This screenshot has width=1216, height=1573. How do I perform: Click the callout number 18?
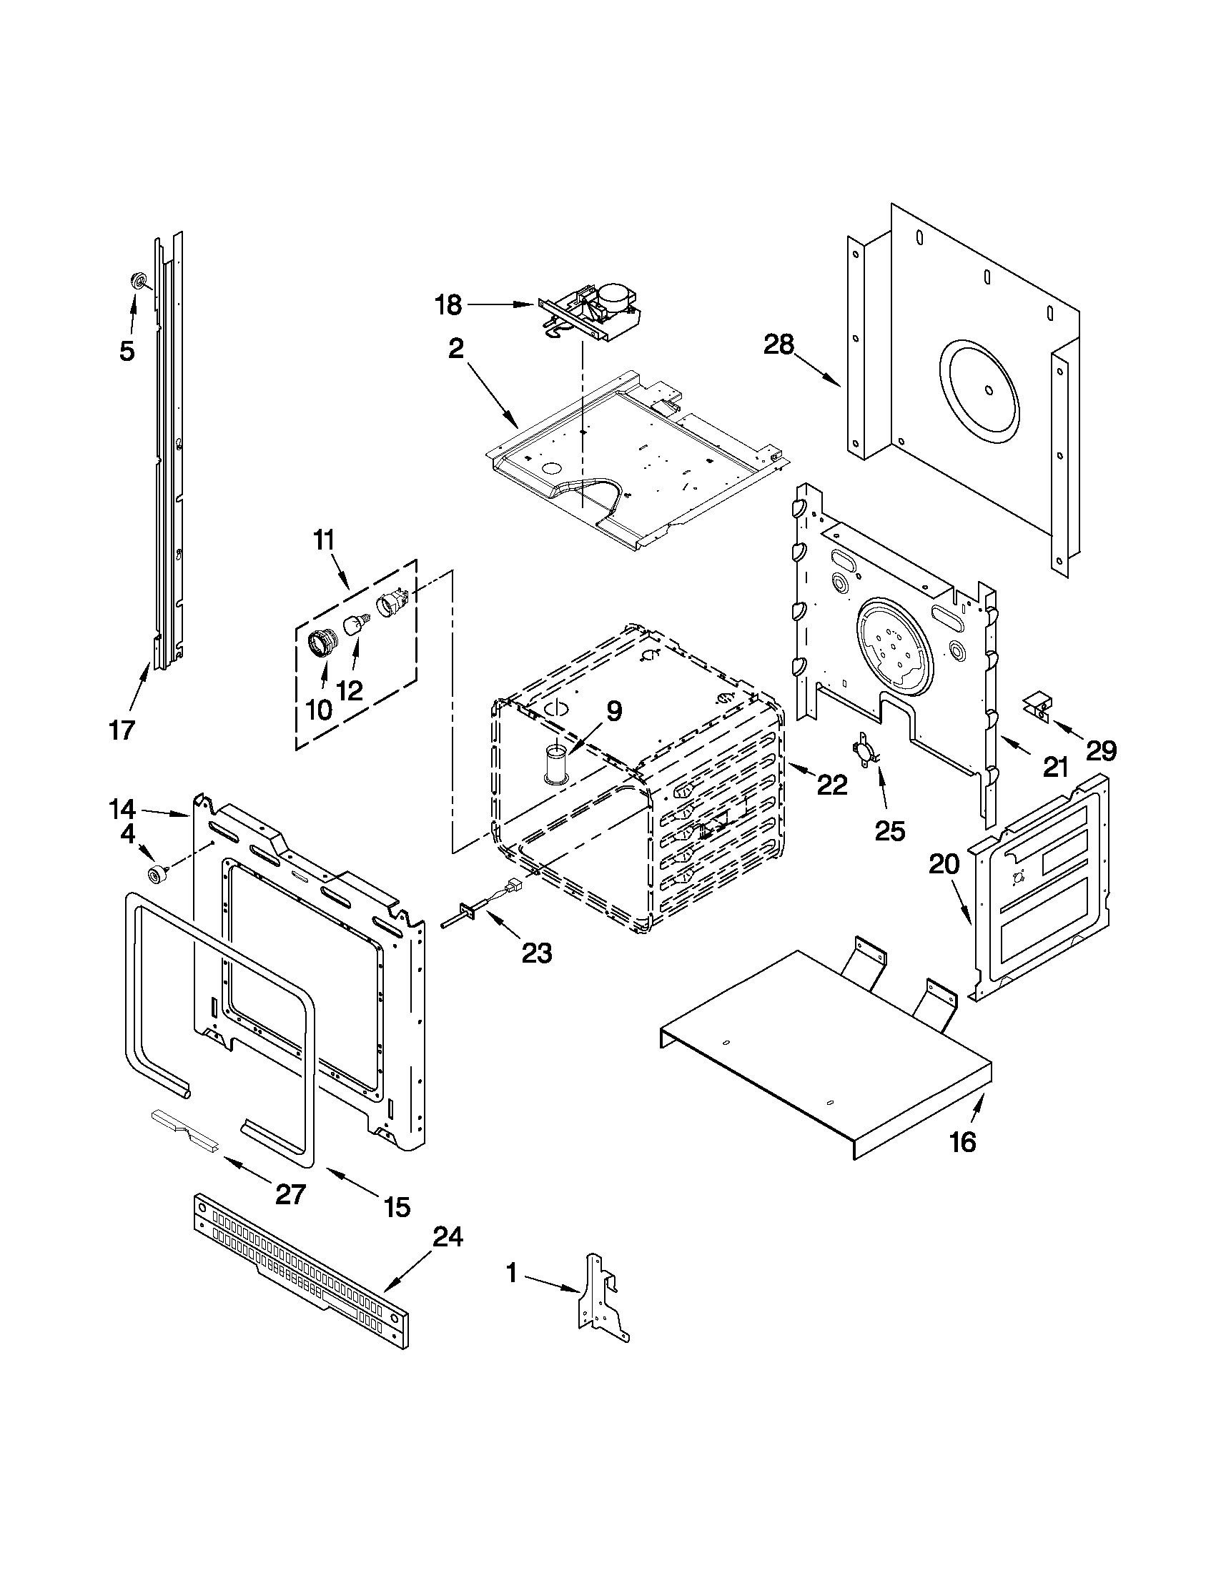[x=448, y=304]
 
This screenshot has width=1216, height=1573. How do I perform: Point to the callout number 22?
[x=831, y=784]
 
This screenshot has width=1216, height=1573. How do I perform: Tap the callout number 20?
[x=944, y=863]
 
